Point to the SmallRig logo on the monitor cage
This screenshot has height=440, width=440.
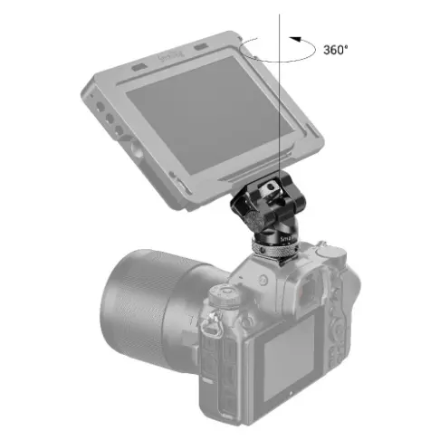170,56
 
